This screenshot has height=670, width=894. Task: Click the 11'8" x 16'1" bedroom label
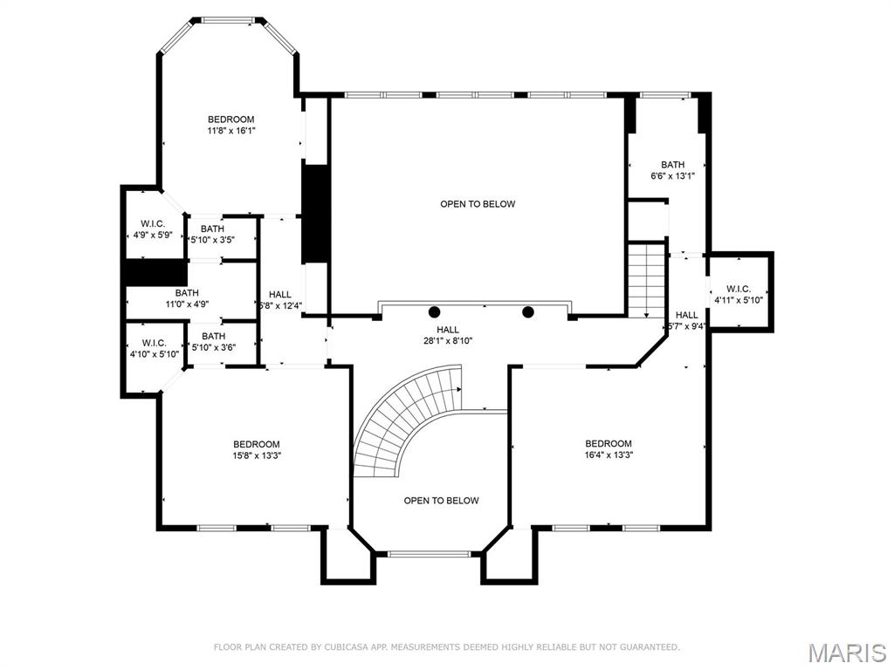tap(230, 125)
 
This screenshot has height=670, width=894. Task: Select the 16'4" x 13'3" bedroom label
tap(609, 448)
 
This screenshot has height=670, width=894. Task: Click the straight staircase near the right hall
tap(647, 280)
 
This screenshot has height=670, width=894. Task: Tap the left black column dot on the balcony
tap(434, 312)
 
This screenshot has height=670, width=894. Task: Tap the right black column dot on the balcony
tap(527, 312)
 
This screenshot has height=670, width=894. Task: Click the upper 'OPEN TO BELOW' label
tap(478, 204)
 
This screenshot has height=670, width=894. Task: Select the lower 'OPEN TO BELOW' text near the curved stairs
tap(441, 501)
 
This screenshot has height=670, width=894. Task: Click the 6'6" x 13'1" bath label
tap(672, 170)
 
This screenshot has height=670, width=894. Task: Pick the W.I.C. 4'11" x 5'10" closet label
tap(739, 295)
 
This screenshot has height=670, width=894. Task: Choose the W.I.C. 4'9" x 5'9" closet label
tap(153, 229)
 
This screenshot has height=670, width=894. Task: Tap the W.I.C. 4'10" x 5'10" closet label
tap(154, 348)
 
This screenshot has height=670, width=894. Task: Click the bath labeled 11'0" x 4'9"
tap(186, 298)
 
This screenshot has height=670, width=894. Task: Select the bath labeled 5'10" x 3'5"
tap(212, 235)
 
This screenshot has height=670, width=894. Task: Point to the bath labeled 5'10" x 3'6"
tap(213, 341)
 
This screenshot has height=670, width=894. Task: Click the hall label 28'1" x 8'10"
tap(448, 335)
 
